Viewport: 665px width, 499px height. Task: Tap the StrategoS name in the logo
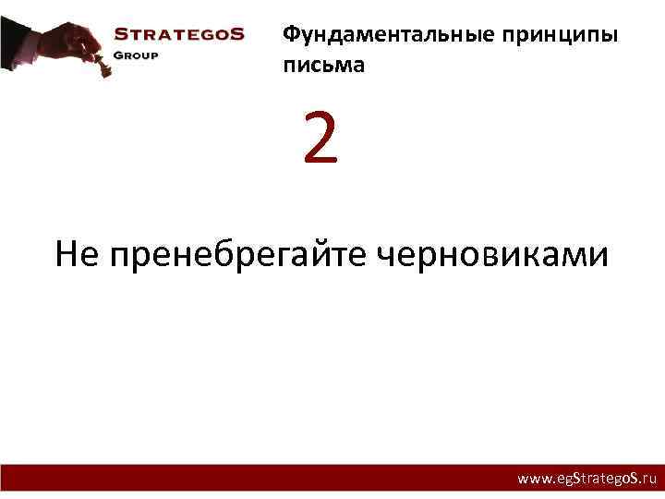pyautogui.click(x=178, y=34)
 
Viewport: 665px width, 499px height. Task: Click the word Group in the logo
pyautogui.click(x=136, y=55)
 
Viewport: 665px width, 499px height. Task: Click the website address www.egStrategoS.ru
pyautogui.click(x=586, y=480)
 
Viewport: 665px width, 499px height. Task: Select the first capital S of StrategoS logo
pyautogui.click(x=120, y=34)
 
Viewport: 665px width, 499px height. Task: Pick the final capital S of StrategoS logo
pyautogui.click(x=237, y=34)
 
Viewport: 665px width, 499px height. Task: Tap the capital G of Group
pyautogui.click(x=118, y=55)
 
